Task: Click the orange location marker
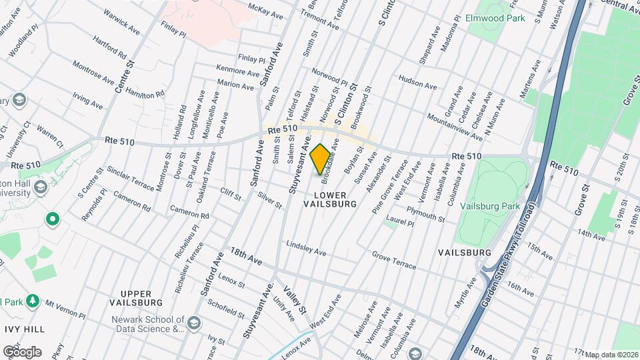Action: click(320, 159)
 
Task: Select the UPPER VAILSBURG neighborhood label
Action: click(141, 298)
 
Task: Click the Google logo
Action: click(22, 351)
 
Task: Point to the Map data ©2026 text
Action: click(611, 355)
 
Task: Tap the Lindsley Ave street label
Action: click(305, 248)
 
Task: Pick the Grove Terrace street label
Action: click(393, 261)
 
